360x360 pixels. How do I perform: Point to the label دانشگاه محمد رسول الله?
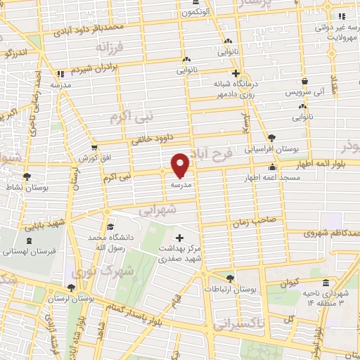pos(111,243)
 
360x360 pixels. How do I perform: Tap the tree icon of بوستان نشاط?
pos(27,177)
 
